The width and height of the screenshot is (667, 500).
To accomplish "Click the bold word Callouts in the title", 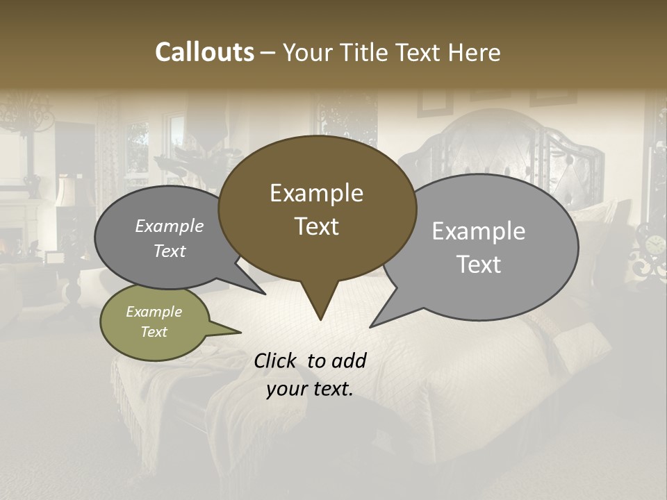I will (x=204, y=52).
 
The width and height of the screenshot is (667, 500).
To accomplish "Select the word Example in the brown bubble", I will (x=316, y=193).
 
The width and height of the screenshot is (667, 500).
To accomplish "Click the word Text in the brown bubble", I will (x=316, y=226).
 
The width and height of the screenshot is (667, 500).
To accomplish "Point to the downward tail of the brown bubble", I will (x=320, y=306).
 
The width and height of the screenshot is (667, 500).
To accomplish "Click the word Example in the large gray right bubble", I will (x=479, y=231).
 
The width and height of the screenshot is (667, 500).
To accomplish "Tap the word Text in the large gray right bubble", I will (x=479, y=264).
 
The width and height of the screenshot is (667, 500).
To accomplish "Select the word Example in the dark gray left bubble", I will (x=170, y=226).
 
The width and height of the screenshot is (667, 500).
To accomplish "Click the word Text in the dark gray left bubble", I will (x=170, y=251).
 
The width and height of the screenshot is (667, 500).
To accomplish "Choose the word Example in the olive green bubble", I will (x=154, y=312).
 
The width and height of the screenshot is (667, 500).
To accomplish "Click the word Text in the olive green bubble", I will (x=154, y=332).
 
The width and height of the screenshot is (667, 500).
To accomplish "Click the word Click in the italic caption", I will (x=277, y=360).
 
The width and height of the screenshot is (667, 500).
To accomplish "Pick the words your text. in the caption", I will (x=310, y=389).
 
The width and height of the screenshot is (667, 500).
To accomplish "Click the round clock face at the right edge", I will (x=654, y=244).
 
